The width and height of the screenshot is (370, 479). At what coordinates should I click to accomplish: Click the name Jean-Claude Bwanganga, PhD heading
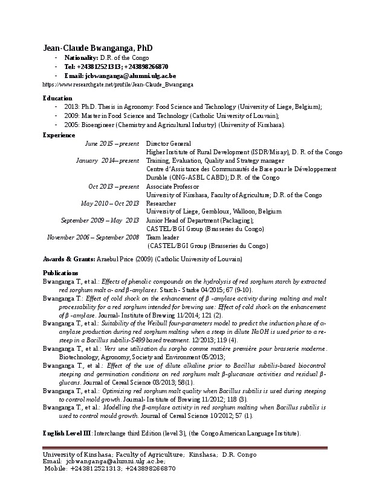click(x=97, y=48)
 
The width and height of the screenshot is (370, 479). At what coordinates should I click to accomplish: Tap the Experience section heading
click(x=59, y=135)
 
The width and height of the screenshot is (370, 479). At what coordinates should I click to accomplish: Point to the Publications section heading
click(x=60, y=273)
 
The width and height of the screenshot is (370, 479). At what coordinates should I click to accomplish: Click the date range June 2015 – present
click(x=112, y=143)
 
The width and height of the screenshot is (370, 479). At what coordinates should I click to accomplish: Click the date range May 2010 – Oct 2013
click(x=111, y=204)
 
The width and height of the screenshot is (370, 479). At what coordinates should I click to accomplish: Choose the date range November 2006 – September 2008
click(x=93, y=238)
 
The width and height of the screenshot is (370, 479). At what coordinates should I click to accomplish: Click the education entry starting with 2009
click(x=171, y=115)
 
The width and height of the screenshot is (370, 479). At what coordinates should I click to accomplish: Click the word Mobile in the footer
click(x=56, y=468)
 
